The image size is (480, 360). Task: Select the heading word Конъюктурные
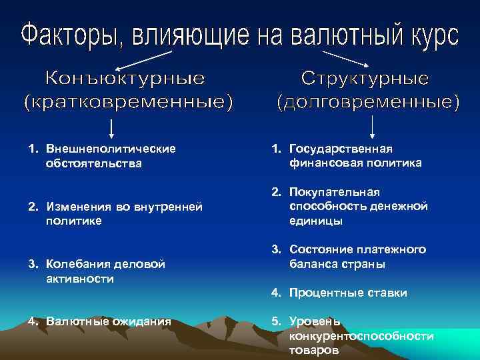point(125,79)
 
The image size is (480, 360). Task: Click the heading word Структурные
point(365,79)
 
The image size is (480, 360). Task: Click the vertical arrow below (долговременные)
point(371,125)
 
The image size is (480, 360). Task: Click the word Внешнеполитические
point(111,148)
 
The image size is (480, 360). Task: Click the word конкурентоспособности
point(361,335)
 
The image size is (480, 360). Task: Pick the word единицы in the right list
point(316,220)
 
